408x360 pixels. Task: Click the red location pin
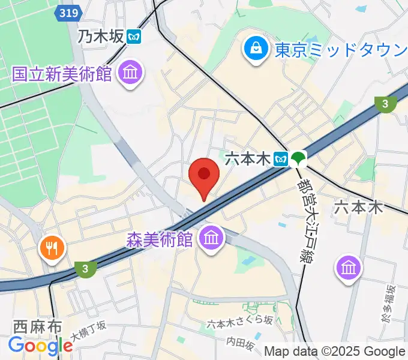203,176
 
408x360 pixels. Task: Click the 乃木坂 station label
100,36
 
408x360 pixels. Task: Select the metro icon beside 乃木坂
134,36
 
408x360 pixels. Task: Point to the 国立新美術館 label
62,74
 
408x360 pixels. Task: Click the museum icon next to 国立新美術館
130,74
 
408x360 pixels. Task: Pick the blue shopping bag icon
256,48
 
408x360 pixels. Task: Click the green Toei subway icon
298,158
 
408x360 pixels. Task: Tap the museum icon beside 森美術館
211,239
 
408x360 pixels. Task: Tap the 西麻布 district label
38,327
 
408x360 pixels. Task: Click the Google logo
40,346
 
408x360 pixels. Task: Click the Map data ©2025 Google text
335,352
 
